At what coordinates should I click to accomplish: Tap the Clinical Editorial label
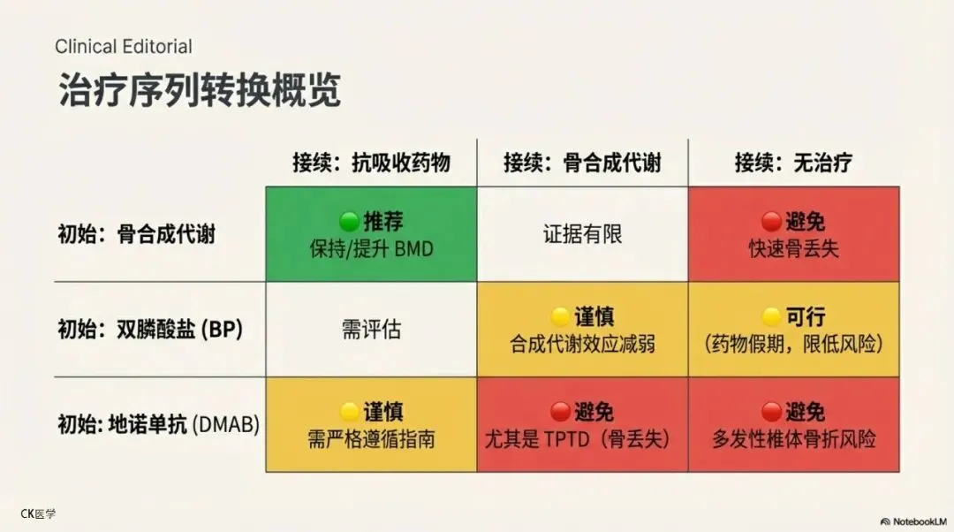(x=123, y=46)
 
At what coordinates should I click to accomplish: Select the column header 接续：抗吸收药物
(x=371, y=163)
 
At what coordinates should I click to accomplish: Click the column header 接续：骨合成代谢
(x=582, y=163)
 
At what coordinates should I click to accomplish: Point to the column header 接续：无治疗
(x=793, y=163)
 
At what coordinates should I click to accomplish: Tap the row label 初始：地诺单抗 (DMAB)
(x=158, y=424)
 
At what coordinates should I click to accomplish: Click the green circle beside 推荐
(x=348, y=221)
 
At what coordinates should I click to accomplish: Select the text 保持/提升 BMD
(x=371, y=249)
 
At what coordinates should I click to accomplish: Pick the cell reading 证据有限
(x=582, y=234)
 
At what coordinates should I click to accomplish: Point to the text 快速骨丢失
(x=793, y=249)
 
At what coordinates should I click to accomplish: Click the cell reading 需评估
(x=371, y=330)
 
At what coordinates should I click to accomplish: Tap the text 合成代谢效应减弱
(x=582, y=345)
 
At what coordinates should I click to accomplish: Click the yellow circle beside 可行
(x=771, y=316)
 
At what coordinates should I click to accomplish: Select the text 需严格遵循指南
(x=371, y=439)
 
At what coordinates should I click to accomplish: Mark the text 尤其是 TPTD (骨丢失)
(x=582, y=439)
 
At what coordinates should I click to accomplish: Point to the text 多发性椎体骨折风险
(x=793, y=439)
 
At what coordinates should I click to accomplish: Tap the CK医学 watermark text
(x=38, y=513)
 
